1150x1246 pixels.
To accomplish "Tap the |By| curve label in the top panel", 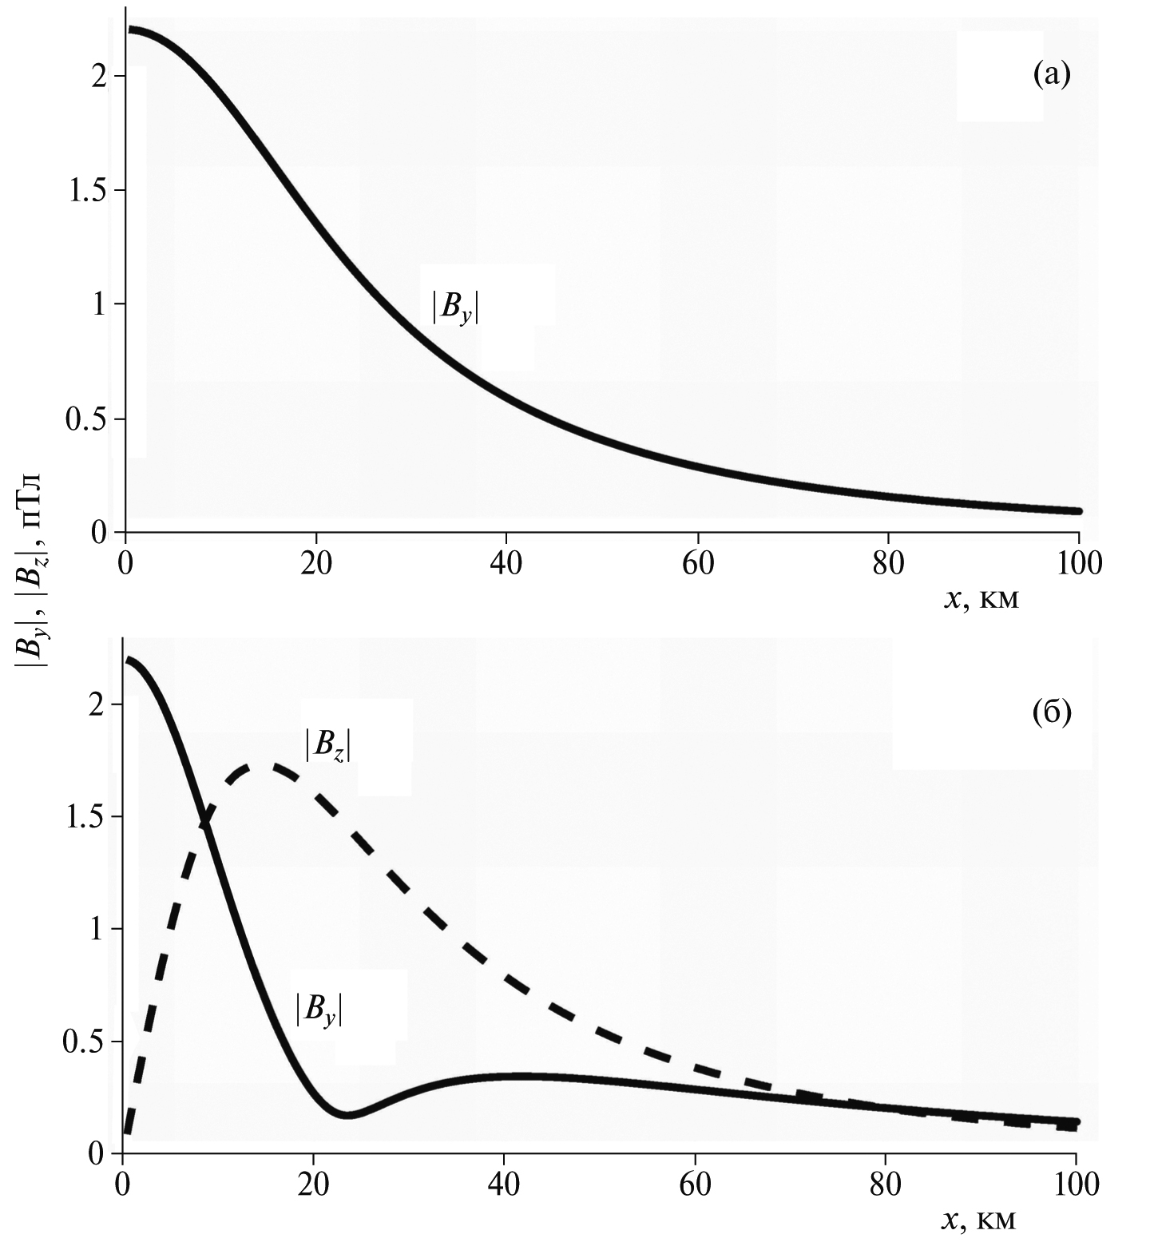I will coord(455,308).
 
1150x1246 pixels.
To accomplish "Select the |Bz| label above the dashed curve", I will coord(327,745).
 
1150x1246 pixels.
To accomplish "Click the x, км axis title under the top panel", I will coord(981,598).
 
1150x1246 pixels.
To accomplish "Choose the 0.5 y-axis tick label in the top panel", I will coord(86,419).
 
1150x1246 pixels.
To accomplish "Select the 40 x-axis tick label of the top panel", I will coord(506,563).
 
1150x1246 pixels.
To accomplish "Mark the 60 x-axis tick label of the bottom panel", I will coord(695,1184).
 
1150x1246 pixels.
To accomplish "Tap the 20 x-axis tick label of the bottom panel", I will coord(314,1184).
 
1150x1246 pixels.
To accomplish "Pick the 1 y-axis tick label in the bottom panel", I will coord(97,930).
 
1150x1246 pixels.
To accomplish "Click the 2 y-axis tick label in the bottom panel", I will coord(96,704).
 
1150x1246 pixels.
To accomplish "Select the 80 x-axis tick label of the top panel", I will coord(887,563).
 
